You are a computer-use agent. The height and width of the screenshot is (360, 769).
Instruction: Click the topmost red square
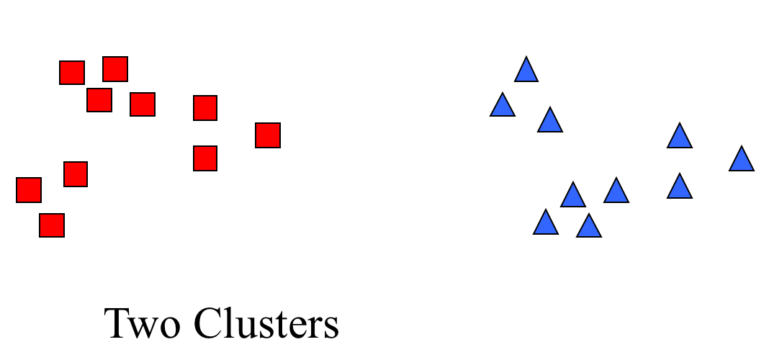click(x=115, y=68)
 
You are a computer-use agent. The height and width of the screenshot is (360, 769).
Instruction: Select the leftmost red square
click(x=29, y=190)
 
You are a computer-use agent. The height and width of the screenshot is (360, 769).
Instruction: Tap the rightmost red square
click(x=268, y=135)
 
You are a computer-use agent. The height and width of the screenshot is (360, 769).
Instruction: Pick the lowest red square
click(x=52, y=225)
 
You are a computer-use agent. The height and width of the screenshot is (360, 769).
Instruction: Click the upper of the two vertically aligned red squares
click(x=205, y=108)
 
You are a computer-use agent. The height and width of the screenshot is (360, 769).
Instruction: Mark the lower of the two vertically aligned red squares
click(x=205, y=158)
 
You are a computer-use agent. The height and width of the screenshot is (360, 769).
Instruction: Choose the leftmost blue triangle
click(x=503, y=104)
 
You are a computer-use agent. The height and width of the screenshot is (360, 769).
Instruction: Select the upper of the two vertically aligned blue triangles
click(x=680, y=135)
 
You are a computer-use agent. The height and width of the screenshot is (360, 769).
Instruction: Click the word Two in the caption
click(x=142, y=323)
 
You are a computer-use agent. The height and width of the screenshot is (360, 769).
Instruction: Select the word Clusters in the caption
click(x=267, y=323)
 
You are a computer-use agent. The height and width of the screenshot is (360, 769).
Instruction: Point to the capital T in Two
click(x=117, y=323)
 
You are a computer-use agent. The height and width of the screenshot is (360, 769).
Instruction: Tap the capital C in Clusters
click(x=208, y=323)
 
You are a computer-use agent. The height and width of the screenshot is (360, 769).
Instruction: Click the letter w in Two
click(x=144, y=328)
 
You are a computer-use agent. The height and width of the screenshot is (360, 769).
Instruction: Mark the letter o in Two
click(x=170, y=328)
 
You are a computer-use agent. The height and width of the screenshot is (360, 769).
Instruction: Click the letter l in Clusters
click(x=230, y=323)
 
